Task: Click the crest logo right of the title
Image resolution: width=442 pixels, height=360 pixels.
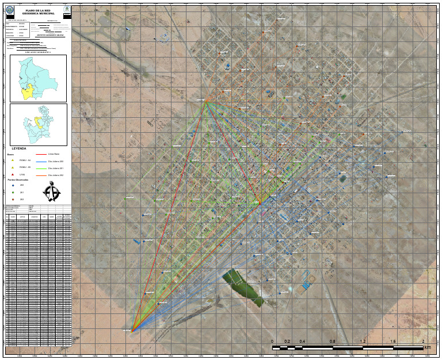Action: pyautogui.click(x=66, y=11)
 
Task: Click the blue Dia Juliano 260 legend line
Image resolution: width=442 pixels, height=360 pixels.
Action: pyautogui.click(x=41, y=162)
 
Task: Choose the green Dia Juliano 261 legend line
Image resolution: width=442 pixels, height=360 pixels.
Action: pyautogui.click(x=41, y=168)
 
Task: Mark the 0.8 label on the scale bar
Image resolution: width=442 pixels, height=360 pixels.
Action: pyautogui.click(x=332, y=342)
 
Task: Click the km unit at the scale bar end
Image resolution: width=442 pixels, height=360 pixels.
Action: pyautogui.click(x=427, y=347)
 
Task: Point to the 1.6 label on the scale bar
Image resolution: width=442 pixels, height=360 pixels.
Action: pyautogui.click(x=393, y=342)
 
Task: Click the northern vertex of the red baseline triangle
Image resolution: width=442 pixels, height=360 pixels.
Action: pyautogui.click(x=205, y=102)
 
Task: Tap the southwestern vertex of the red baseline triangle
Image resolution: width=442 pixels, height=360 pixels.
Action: pyautogui.click(x=132, y=331)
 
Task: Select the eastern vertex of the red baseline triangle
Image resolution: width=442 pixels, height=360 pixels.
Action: pyautogui.click(x=260, y=203)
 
